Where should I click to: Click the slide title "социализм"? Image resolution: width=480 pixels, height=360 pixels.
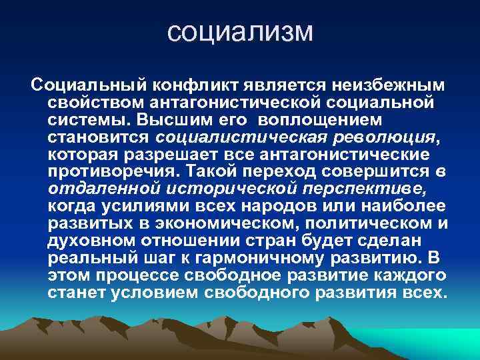tap(240, 31)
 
